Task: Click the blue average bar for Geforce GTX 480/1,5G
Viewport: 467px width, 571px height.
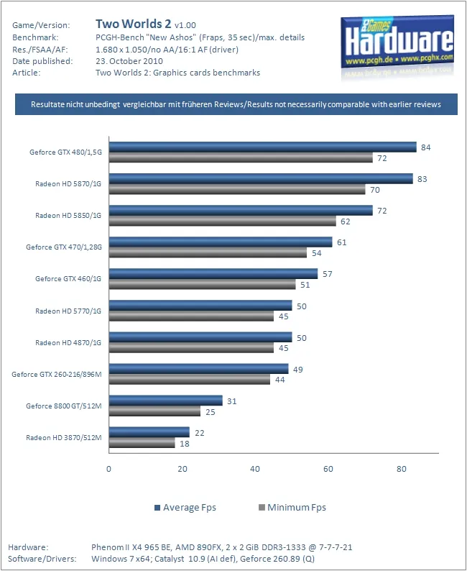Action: coord(262,147)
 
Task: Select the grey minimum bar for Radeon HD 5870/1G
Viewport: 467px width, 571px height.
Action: coord(237,189)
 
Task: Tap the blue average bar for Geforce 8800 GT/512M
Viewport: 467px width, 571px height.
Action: coord(165,400)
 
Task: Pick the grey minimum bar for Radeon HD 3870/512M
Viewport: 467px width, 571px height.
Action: coord(142,443)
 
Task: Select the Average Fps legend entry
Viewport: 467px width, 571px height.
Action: coord(185,508)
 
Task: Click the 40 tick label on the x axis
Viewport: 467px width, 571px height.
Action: coord(255,469)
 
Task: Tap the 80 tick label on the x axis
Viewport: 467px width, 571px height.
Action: coord(402,469)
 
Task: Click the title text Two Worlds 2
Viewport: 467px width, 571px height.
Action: coord(133,24)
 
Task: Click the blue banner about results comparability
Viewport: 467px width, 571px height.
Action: coord(236,104)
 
